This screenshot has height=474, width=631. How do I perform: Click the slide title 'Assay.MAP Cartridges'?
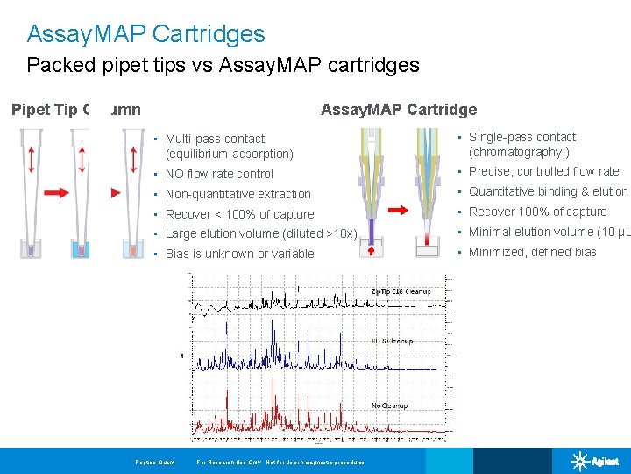tap(145, 34)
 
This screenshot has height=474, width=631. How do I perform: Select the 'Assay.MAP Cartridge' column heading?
tap(399, 110)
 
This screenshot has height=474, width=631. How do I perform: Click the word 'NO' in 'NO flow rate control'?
tap(174, 174)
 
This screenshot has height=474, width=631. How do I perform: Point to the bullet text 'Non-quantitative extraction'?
tap(238, 194)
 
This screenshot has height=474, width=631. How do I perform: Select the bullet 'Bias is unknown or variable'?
tap(239, 254)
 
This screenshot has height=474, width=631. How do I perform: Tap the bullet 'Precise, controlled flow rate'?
tap(543, 171)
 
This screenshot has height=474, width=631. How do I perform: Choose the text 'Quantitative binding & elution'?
tap(548, 191)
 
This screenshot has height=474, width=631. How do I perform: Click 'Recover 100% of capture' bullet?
tap(537, 212)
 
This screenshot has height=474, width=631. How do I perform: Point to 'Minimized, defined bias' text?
tap(532, 252)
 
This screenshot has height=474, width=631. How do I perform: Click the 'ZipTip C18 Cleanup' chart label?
tap(401, 291)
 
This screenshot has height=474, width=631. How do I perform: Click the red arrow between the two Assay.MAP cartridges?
tap(398, 210)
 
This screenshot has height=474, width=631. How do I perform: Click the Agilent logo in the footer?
tap(595, 461)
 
